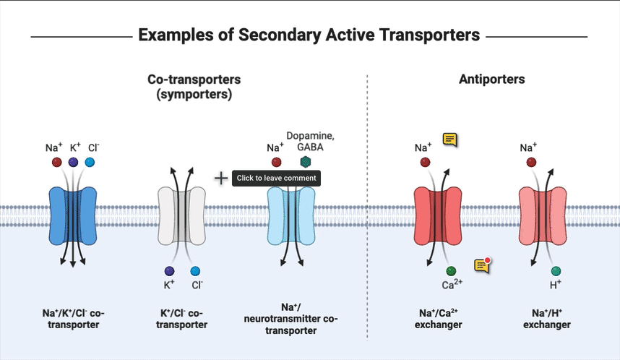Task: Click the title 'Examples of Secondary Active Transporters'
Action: coord(309,35)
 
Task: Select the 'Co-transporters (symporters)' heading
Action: coord(194,87)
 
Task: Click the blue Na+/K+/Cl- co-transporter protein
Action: coord(72,216)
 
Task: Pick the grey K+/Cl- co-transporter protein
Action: coord(181,216)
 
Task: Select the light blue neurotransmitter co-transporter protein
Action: coord(290,216)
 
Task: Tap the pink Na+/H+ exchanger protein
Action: coord(544,216)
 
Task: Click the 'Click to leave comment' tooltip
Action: coord(275,179)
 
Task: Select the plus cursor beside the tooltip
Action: coord(221,178)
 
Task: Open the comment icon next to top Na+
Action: coord(450,140)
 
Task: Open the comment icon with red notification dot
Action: coord(483,265)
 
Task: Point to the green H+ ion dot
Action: coord(556,271)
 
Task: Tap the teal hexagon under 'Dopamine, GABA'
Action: coord(306,163)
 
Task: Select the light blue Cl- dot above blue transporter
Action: coord(90,163)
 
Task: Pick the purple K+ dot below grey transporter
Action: coord(169,271)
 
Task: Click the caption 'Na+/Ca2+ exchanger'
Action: coord(441,318)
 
